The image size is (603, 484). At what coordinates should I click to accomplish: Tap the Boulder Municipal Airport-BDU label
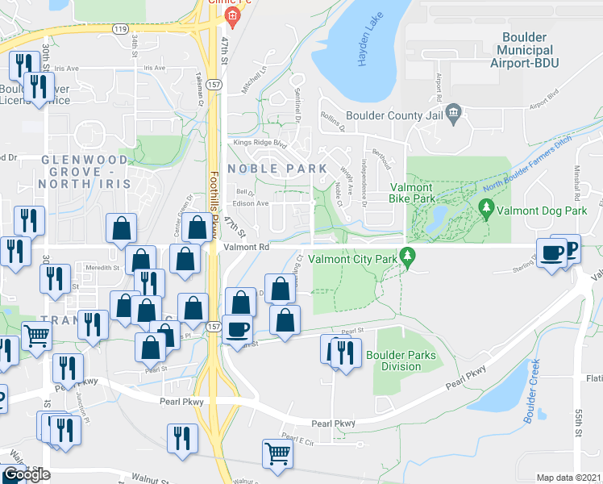524,49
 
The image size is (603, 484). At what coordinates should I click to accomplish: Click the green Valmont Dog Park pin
485,208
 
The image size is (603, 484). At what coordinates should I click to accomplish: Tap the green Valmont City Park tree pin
409,257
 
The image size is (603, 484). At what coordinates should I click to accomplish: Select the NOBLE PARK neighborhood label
277,169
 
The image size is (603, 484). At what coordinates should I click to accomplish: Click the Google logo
27,475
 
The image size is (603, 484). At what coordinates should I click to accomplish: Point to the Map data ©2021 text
568,478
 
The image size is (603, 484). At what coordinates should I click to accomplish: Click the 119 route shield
121,29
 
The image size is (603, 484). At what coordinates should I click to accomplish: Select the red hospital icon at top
232,15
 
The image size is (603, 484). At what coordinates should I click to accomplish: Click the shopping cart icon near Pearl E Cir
277,454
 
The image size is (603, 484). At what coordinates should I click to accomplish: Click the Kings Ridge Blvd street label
260,144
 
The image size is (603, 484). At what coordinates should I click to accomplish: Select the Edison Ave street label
251,203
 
